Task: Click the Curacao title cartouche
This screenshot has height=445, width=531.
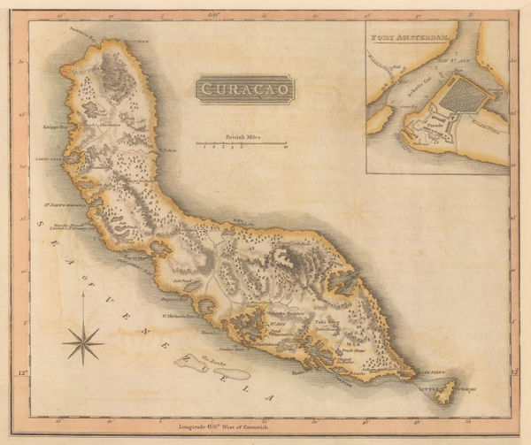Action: tap(234, 89)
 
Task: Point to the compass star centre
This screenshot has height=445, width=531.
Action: tap(83, 341)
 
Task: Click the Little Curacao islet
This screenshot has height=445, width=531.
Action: tap(448, 392)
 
